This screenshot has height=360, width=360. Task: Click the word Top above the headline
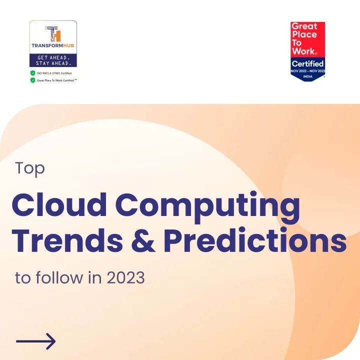[30, 169]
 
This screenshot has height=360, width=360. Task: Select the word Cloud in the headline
[59, 205]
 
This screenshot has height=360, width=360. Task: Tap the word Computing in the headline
[207, 207]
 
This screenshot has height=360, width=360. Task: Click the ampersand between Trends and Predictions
[143, 240]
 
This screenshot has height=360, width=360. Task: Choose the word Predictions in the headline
[255, 240]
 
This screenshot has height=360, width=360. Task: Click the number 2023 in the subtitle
[125, 278]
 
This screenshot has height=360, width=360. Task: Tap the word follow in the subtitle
[59, 277]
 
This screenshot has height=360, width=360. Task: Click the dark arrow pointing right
[36, 341]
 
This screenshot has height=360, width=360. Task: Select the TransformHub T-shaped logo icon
[53, 34]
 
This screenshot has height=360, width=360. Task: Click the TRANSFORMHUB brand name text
[53, 45]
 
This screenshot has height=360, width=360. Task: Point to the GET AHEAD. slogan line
[53, 57]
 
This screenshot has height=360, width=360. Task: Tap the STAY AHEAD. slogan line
[53, 63]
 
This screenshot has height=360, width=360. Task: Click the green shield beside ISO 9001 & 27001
[33, 73]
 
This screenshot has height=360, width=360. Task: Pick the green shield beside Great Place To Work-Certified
[33, 80]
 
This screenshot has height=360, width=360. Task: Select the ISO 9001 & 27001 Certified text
[54, 73]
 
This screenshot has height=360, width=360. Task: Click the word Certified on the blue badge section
[307, 63]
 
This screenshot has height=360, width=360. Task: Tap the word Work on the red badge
[303, 51]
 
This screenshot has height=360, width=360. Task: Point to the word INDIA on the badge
[307, 76]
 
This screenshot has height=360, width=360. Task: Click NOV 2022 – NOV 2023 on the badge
[308, 71]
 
